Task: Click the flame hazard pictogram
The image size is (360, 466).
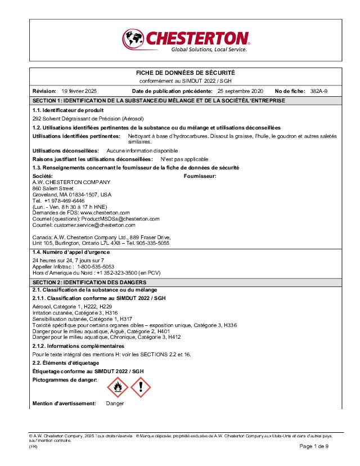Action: coord(117,387)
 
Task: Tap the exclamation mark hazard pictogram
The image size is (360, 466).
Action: coord(141,387)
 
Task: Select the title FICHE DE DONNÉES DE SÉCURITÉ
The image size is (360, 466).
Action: coord(186,73)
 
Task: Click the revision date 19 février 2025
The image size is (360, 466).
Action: coord(79,91)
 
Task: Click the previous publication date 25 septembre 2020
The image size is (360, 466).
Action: coord(240,91)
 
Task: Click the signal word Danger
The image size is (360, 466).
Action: coord(115,404)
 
